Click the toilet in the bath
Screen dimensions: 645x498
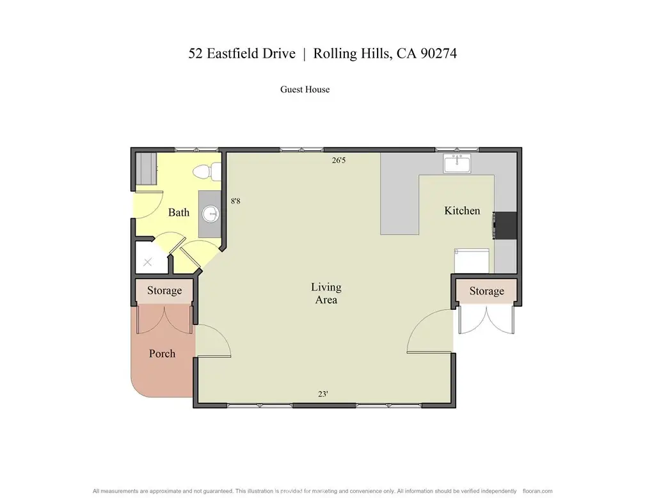pyautogui.click(x=207, y=172)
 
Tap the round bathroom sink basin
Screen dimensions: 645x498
pyautogui.click(x=211, y=214)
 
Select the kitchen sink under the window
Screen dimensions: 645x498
pyautogui.click(x=458, y=163)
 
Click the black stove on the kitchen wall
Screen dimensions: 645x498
pyautogui.click(x=505, y=225)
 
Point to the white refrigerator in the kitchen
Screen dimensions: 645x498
pyautogui.click(x=472, y=261)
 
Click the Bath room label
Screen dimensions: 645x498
pyautogui.click(x=179, y=213)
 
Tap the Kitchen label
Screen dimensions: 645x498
pyautogui.click(x=462, y=211)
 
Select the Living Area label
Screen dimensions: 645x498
pyautogui.click(x=326, y=293)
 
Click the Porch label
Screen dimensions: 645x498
pyautogui.click(x=162, y=353)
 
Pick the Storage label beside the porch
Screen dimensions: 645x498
pyautogui.click(x=164, y=291)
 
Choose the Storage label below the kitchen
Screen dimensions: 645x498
pyautogui.click(x=486, y=291)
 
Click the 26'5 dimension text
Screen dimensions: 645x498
pyautogui.click(x=339, y=161)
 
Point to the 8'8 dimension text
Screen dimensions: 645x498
pyautogui.click(x=235, y=201)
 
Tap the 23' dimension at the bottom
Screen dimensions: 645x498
pyautogui.click(x=323, y=394)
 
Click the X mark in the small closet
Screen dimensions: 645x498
pyautogui.click(x=148, y=262)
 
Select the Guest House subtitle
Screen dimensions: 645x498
pyautogui.click(x=305, y=90)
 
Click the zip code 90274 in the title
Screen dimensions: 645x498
pyautogui.click(x=438, y=54)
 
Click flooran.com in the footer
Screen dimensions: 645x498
pyautogui.click(x=537, y=491)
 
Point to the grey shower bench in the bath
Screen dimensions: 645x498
pyautogui.click(x=146, y=169)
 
